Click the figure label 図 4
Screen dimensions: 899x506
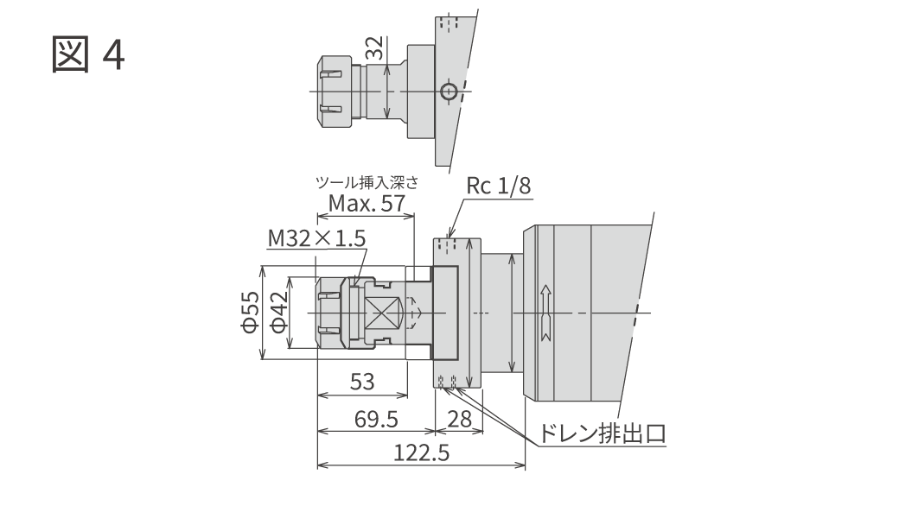click(87, 54)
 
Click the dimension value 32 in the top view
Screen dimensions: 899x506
click(375, 48)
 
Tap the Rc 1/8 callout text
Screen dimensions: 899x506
click(498, 186)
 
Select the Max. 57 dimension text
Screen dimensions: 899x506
click(367, 203)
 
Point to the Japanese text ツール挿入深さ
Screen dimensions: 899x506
click(367, 182)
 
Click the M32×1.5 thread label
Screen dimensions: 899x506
click(316, 238)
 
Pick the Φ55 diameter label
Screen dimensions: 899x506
click(250, 312)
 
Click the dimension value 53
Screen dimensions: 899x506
click(362, 382)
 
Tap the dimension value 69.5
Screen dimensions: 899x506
click(376, 419)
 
